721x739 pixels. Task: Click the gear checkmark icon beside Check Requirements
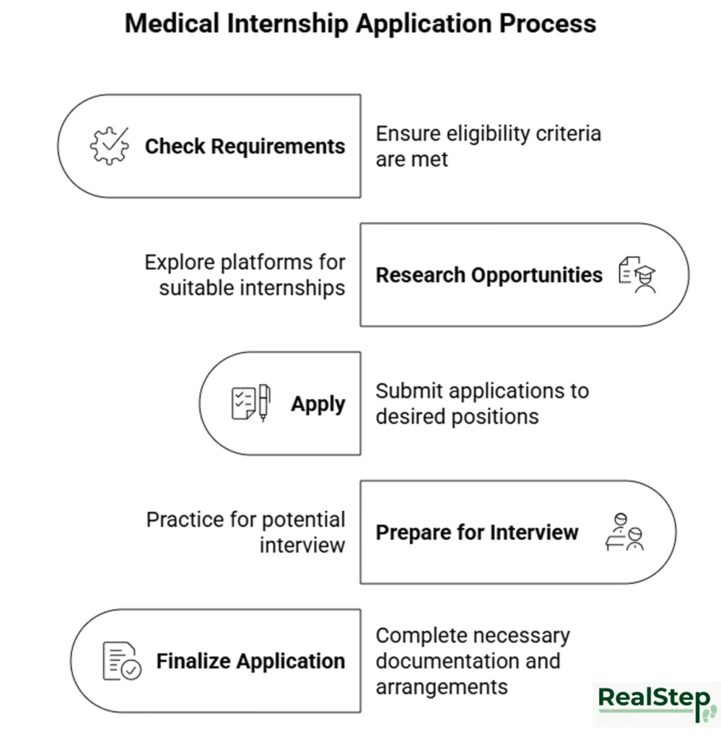click(x=109, y=146)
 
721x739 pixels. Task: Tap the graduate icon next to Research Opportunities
click(x=637, y=275)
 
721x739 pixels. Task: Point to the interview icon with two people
click(x=624, y=533)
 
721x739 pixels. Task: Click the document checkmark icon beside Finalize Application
click(x=122, y=661)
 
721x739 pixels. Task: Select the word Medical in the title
click(x=171, y=23)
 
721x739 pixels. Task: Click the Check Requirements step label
click(x=245, y=147)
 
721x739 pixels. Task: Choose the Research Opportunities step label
click(x=489, y=275)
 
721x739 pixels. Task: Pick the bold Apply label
click(x=318, y=404)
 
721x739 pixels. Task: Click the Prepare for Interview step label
click(x=476, y=533)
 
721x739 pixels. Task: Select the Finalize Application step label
click(x=250, y=661)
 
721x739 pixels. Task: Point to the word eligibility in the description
click(x=488, y=134)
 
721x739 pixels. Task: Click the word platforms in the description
click(x=275, y=262)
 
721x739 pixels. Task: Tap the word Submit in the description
click(x=406, y=391)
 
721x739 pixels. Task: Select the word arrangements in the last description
click(x=441, y=686)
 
